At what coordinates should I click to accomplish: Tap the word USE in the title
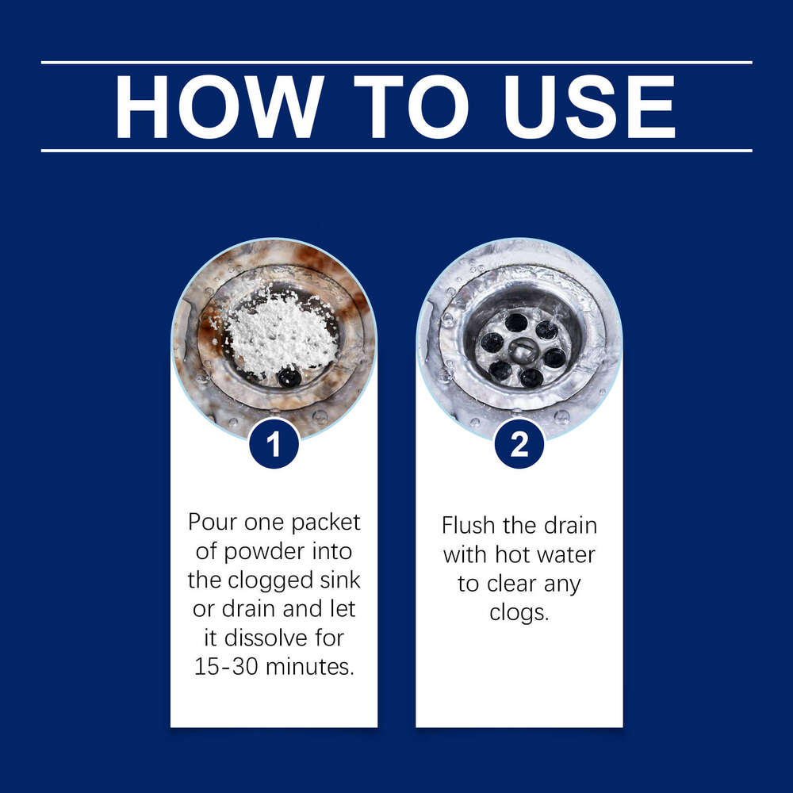coord(589,107)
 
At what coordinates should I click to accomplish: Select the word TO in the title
coord(412,107)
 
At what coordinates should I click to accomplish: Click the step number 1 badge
coord(274,443)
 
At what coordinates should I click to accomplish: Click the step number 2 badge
coord(519,443)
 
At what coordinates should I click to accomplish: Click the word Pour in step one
coord(212,522)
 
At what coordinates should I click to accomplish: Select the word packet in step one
coord(326,523)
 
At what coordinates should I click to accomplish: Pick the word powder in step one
coord(263,552)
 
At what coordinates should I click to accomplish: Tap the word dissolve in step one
coord(266,638)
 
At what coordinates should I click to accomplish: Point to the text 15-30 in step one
coord(226,667)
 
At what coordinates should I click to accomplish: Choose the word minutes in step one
coord(309,667)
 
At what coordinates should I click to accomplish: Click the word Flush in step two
coord(468,525)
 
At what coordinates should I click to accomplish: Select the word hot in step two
coord(511,554)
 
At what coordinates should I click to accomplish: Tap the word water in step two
coord(565,555)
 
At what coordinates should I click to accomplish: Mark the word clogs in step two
coord(519,614)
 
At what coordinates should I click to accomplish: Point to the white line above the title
coord(396,63)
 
